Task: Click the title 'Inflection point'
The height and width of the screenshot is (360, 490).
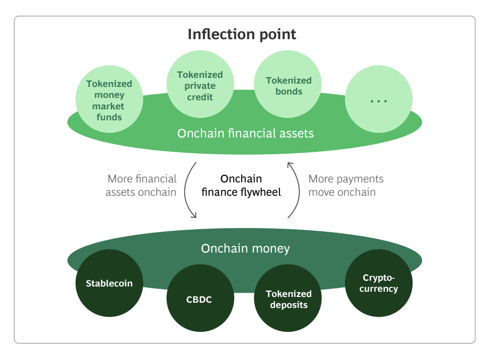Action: (x=242, y=34)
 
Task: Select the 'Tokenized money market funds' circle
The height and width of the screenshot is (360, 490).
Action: (x=109, y=99)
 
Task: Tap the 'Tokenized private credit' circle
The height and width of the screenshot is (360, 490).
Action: (x=200, y=84)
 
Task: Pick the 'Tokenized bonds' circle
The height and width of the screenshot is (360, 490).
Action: (x=288, y=84)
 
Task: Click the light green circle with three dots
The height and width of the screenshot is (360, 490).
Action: (x=379, y=99)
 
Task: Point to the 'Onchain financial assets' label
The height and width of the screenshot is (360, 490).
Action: (x=245, y=133)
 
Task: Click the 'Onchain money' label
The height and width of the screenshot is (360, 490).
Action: (x=245, y=249)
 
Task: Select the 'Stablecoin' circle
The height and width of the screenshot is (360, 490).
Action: (x=109, y=283)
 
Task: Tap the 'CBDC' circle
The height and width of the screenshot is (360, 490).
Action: (x=200, y=298)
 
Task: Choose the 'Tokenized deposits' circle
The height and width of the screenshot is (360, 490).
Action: (x=288, y=298)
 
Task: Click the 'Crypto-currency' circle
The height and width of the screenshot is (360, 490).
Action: (x=379, y=283)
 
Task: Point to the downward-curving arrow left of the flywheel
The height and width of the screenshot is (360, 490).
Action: (x=185, y=190)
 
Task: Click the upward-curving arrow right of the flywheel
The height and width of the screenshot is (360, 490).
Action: (x=299, y=190)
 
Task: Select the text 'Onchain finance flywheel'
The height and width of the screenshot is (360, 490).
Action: (x=241, y=186)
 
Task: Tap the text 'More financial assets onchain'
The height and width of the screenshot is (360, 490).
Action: (x=141, y=186)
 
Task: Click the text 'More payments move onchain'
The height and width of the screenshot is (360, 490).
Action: (x=346, y=186)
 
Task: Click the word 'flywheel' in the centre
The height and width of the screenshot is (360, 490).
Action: (x=261, y=192)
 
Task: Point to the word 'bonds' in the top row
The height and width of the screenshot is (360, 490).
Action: (x=289, y=92)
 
